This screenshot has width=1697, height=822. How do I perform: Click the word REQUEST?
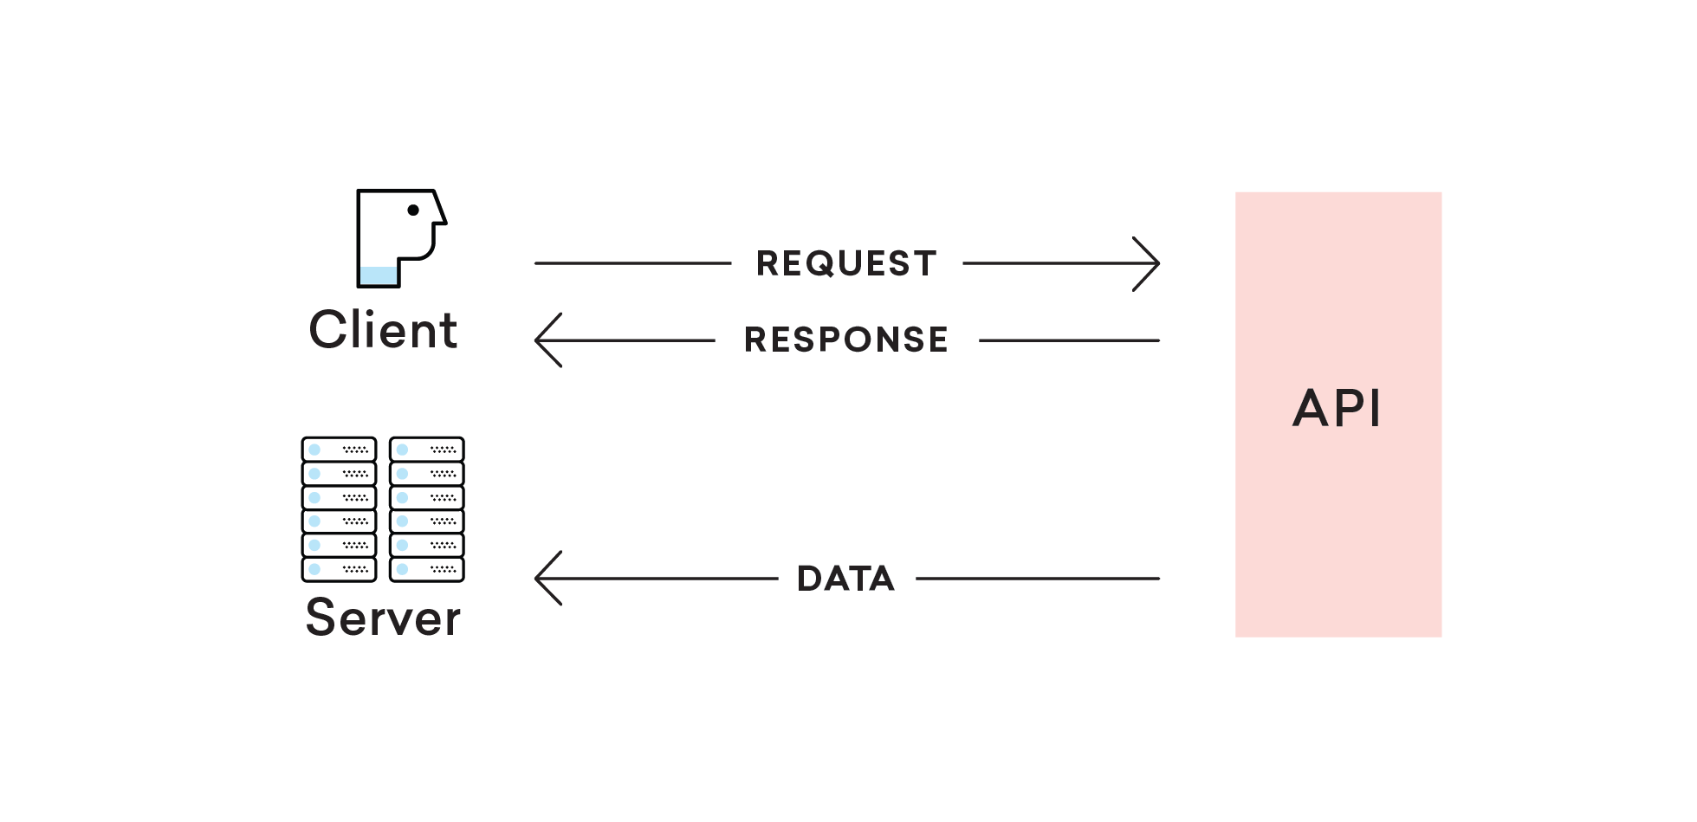(846, 263)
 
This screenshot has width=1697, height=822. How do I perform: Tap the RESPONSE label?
(846, 340)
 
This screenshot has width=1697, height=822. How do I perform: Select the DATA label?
(845, 579)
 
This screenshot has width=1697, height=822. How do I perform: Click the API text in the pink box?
(1337, 408)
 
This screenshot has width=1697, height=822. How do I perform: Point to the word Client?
(383, 330)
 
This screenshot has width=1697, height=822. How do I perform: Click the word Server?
(383, 618)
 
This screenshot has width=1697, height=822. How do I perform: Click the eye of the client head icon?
(413, 210)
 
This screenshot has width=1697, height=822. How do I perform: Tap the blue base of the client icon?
(379, 276)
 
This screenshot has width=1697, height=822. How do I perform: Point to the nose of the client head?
(440, 213)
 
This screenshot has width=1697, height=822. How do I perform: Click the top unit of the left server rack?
(339, 450)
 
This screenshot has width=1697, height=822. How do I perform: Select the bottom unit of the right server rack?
(427, 569)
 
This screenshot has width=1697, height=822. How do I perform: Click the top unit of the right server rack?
(427, 450)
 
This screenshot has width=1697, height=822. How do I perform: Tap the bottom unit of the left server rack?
(339, 569)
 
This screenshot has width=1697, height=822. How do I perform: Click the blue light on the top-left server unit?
(314, 450)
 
